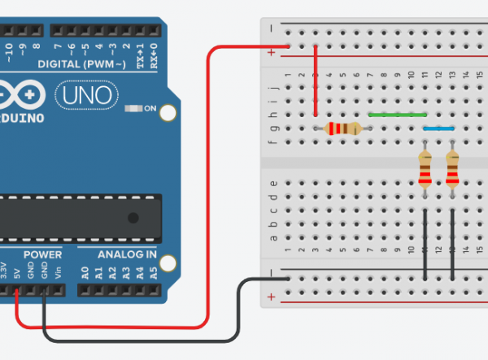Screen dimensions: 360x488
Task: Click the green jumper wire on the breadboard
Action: click(397, 115)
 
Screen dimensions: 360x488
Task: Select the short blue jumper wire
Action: click(438, 128)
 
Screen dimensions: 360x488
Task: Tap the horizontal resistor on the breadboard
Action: click(342, 128)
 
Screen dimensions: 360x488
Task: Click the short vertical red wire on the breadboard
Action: click(316, 85)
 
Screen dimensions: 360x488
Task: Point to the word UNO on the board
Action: click(82, 96)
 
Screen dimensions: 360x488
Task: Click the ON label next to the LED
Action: click(150, 108)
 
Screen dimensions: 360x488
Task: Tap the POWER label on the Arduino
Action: click(42, 255)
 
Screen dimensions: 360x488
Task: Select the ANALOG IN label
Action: click(128, 255)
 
